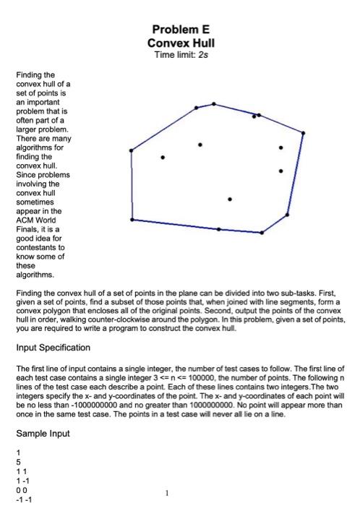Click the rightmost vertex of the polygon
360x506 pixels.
click(x=303, y=133)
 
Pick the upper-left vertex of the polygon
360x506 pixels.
click(x=131, y=150)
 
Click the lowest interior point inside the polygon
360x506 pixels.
click(x=230, y=199)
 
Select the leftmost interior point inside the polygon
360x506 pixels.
click(x=163, y=157)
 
